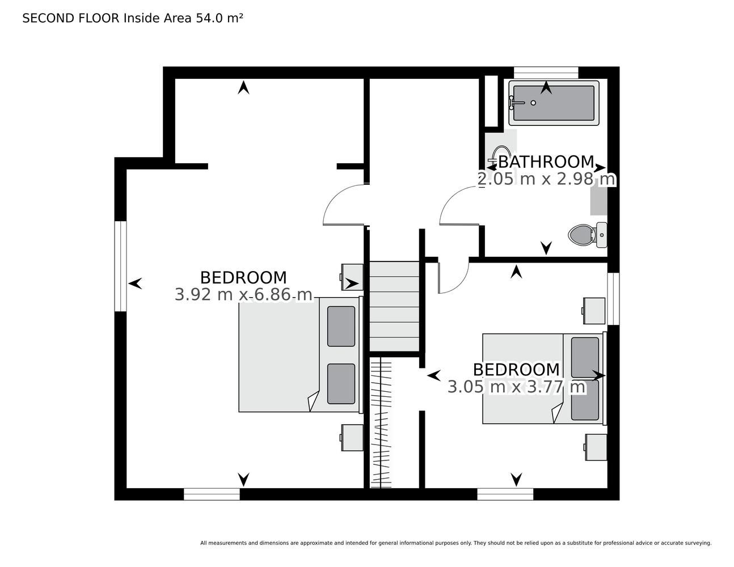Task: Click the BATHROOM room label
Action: point(546,162)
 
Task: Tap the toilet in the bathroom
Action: point(588,235)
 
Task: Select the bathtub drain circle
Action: point(533,103)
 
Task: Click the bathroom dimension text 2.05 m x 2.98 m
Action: point(546,179)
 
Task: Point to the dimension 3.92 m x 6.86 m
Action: point(243,295)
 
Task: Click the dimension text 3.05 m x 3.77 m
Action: point(516,387)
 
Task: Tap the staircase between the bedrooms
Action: point(394,306)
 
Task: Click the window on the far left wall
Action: point(120,266)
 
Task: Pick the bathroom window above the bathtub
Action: point(546,73)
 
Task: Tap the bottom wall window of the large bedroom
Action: point(212,494)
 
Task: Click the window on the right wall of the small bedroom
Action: point(613,299)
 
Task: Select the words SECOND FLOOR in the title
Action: point(71,18)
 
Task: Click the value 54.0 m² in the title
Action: point(219,18)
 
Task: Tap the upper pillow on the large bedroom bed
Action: point(341,327)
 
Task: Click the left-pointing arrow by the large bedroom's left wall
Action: point(135,283)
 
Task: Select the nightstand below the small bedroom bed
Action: point(596,447)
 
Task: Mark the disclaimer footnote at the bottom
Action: point(456,543)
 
